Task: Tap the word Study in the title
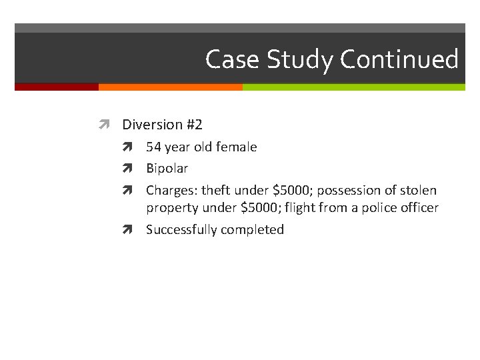(x=300, y=60)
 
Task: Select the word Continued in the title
(x=399, y=60)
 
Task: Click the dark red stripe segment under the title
(x=56, y=87)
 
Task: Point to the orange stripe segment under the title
(x=170, y=87)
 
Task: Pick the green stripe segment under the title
(x=353, y=87)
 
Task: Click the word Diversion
(x=152, y=125)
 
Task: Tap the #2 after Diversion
(x=194, y=125)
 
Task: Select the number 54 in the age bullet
(x=154, y=147)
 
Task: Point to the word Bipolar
(x=167, y=169)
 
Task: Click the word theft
(x=215, y=191)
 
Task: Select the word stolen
(x=419, y=191)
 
